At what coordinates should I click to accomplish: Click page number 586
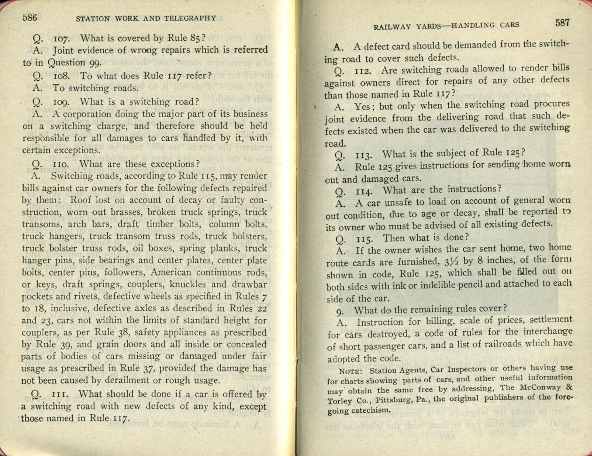tap(29, 17)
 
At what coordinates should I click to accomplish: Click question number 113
tap(364, 154)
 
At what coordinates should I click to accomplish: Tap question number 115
tap(365, 238)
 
